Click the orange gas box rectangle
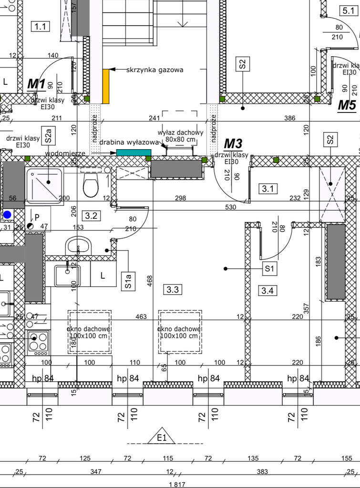click(106, 86)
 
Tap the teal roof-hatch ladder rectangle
click(131, 152)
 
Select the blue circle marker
click(7, 215)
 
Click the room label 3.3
click(172, 289)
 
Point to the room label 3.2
click(91, 215)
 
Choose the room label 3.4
click(267, 290)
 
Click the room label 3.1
click(268, 189)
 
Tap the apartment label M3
click(233, 143)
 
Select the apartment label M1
click(36, 84)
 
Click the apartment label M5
click(347, 105)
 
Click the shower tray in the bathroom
click(44, 186)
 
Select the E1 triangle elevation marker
click(162, 437)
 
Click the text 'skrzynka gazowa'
click(154, 70)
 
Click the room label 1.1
click(40, 26)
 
